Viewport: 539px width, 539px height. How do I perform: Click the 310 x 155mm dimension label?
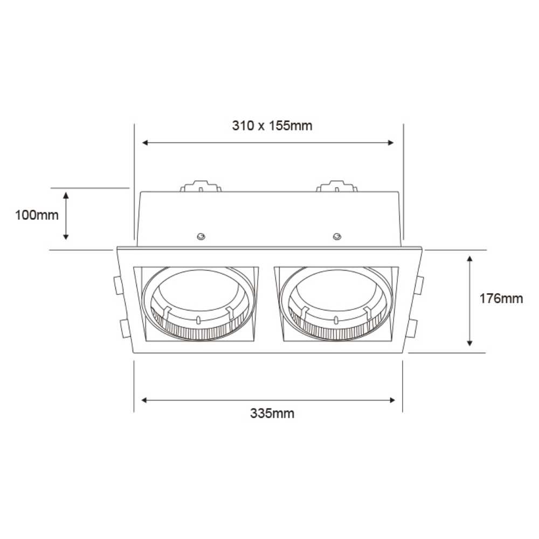pos(272,126)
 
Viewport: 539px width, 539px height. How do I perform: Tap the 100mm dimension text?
pos(37,215)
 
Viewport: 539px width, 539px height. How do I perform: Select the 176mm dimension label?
pos(501,298)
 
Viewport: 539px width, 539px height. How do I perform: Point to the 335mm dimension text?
pos(272,413)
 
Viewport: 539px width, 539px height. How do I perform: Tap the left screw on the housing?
pos(201,236)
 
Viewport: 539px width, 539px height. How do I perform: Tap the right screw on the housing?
pos(337,236)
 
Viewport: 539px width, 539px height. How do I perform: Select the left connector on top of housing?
pos(201,186)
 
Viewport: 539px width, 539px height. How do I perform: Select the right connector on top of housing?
pos(337,186)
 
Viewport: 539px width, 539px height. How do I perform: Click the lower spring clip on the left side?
pos(123,328)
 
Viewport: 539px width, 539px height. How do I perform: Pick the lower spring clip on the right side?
pos(413,328)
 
